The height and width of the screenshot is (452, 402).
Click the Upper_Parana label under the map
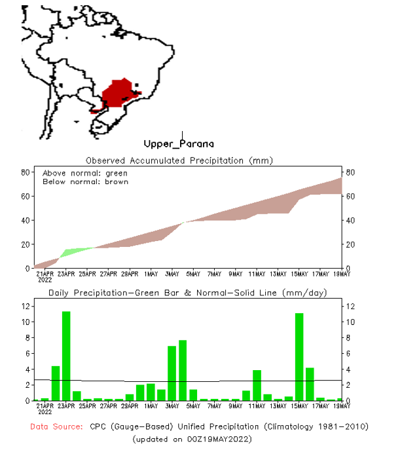(179, 143)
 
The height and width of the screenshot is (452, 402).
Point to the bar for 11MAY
(257, 385)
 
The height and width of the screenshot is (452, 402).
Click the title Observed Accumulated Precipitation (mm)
(179, 160)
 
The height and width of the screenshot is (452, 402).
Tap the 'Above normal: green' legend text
(85, 173)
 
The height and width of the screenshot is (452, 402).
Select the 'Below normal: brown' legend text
(85, 181)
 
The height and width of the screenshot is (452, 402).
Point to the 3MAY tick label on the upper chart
(172, 273)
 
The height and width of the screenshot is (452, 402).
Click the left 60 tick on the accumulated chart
(26, 196)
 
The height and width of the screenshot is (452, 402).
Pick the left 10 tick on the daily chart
(26, 322)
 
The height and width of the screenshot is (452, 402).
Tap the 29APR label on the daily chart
(130, 406)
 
